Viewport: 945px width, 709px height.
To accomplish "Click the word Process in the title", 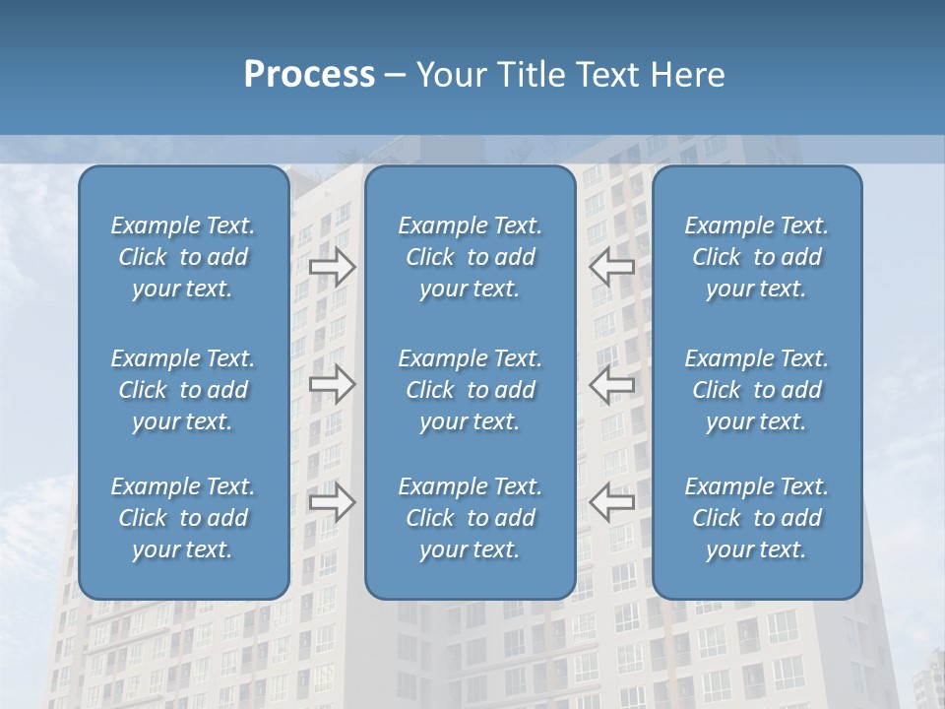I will tap(309, 75).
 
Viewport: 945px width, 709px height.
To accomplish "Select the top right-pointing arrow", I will tap(333, 266).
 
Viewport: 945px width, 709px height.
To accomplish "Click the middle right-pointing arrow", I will tap(333, 383).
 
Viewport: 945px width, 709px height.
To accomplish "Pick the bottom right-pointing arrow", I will tap(333, 502).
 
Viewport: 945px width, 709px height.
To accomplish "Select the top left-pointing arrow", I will tap(611, 266).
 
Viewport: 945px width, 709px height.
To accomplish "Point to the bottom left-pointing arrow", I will tap(611, 502).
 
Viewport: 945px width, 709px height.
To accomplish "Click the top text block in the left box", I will tap(183, 257).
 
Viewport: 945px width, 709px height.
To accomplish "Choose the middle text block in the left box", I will tap(183, 390).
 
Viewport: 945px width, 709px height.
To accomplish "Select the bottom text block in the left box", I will tap(183, 518).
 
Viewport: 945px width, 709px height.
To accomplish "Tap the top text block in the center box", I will tap(471, 257).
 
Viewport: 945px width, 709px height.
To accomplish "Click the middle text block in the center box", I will tap(471, 390).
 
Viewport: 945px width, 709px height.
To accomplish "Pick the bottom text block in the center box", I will tap(471, 518).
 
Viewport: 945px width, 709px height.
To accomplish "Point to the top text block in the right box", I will tap(757, 257).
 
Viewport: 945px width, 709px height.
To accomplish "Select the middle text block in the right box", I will tap(757, 390).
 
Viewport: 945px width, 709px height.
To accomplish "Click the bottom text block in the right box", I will tap(757, 518).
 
